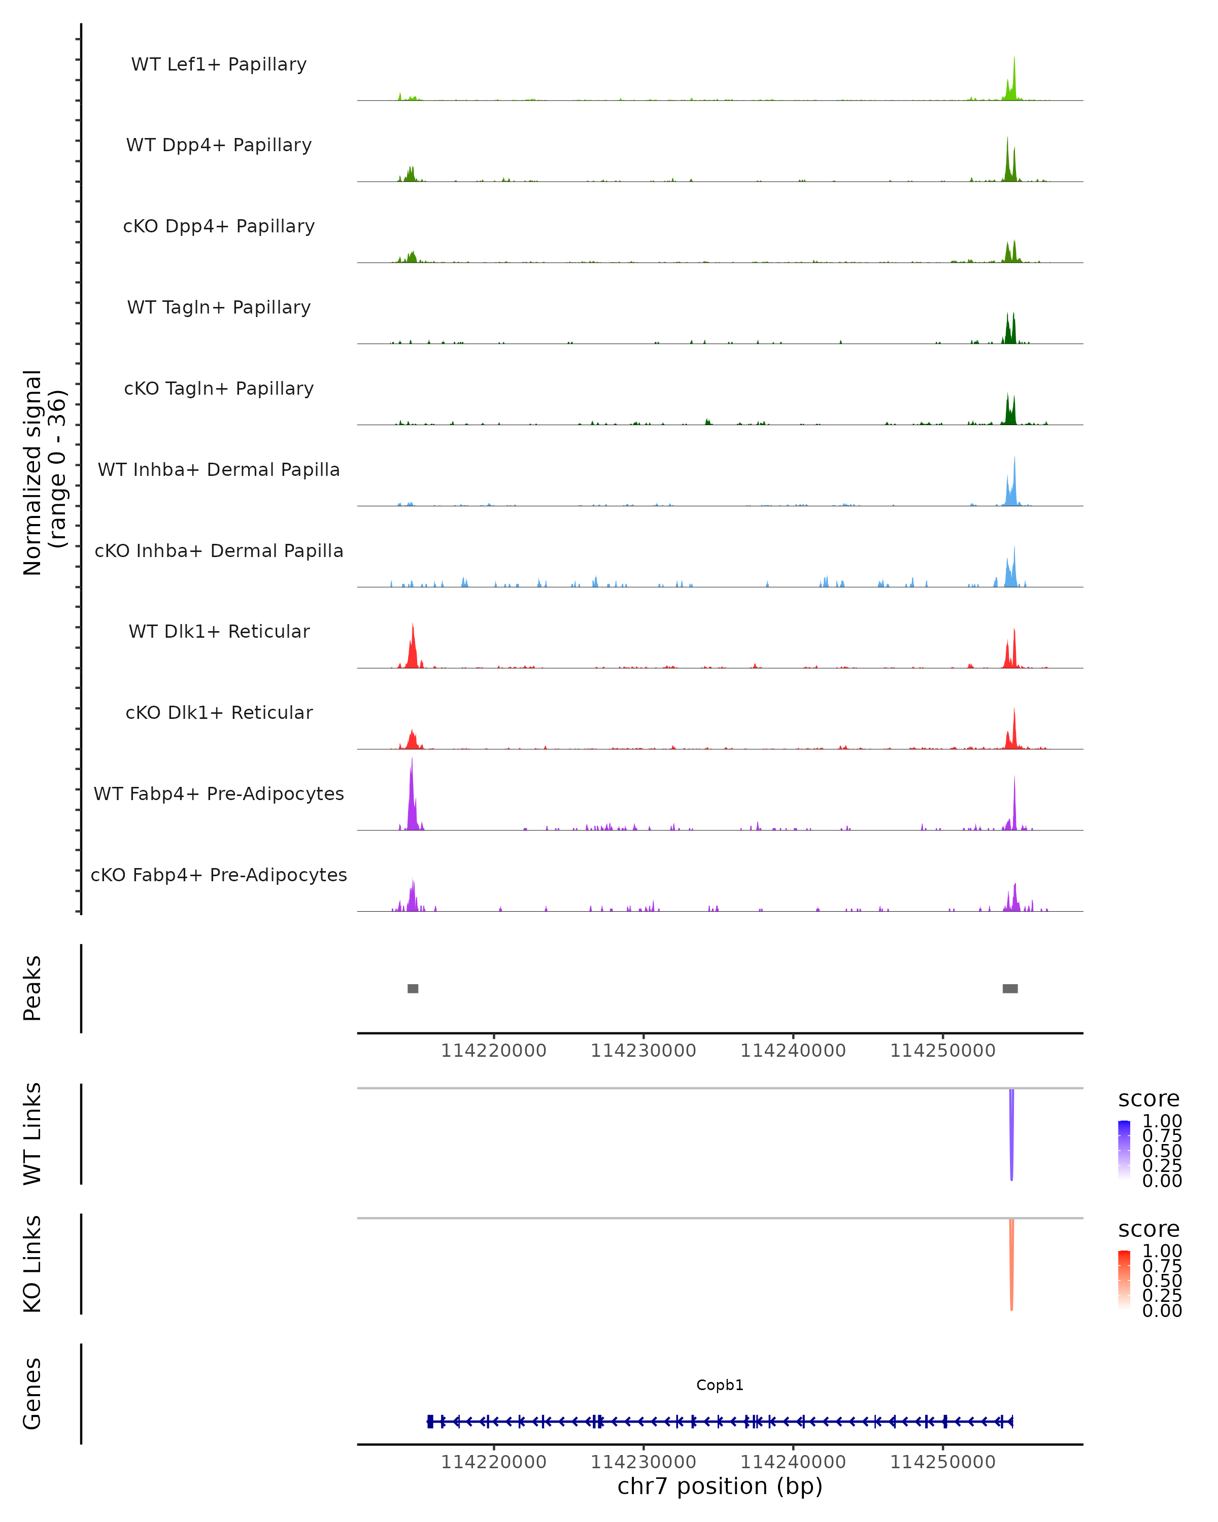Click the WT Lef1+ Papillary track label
[x=219, y=64]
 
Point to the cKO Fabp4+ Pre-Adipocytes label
[x=219, y=875]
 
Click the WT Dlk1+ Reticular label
[x=219, y=632]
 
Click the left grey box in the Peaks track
[x=413, y=988]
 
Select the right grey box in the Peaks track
[x=1010, y=988]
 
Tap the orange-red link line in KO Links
[x=1011, y=1264]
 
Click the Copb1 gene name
[x=720, y=1385]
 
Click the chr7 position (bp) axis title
[x=720, y=1486]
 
